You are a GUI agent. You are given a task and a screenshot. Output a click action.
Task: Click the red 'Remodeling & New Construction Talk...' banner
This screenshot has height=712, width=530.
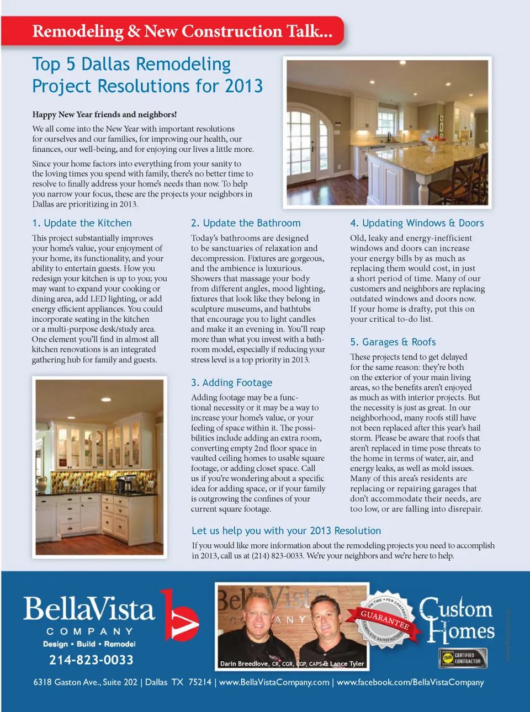coord(182,31)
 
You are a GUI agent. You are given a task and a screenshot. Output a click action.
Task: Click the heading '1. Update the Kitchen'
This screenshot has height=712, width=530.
coord(82,223)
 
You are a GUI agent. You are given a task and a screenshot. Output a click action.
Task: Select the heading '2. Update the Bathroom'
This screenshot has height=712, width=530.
coord(246,223)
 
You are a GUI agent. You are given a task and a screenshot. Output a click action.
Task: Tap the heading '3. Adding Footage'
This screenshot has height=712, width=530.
coord(231,382)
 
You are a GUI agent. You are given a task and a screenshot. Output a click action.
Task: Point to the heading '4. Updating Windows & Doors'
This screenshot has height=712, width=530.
coord(417,223)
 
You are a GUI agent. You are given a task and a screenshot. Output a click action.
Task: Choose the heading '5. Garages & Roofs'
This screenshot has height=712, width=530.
coord(393,342)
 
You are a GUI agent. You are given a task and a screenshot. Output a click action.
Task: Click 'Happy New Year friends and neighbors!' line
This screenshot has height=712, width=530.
coord(104,114)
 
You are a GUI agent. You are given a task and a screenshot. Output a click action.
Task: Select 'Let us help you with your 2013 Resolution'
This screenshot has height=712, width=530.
coord(286,530)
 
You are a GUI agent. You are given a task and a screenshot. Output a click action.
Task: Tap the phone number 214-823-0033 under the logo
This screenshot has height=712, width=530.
coord(91,660)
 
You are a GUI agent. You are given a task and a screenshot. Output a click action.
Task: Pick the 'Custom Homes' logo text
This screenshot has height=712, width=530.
coord(458,620)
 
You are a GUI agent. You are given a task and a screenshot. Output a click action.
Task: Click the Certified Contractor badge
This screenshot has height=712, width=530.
coord(462,658)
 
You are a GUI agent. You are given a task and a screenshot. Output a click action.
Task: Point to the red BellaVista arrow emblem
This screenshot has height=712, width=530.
coord(179,616)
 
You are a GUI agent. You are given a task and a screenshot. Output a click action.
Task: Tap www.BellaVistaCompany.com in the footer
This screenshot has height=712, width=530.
coord(274,682)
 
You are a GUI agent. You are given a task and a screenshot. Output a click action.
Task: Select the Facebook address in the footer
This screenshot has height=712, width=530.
coord(410,682)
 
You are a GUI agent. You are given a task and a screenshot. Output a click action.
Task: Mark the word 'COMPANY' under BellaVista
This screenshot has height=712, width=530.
coord(89,631)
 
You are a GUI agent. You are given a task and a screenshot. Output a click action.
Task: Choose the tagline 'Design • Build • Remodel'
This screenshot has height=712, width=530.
coord(89,644)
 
